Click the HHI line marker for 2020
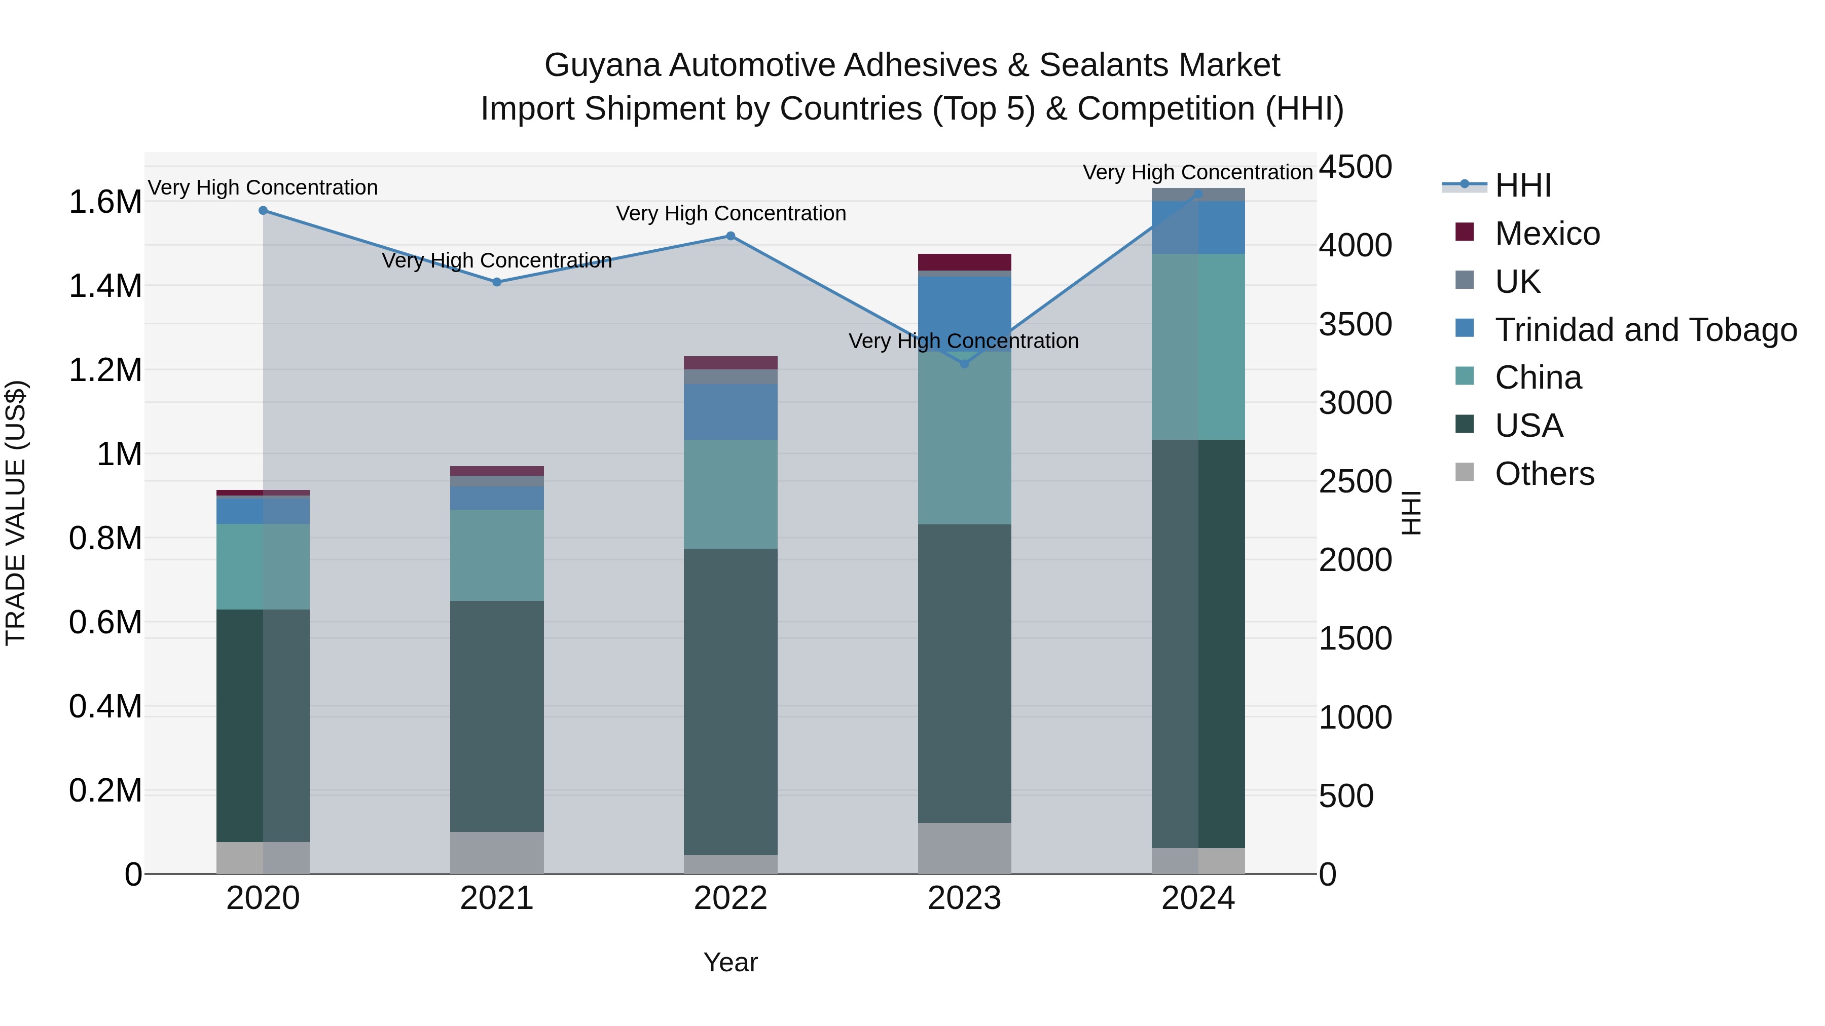[263, 210]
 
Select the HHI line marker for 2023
[964, 363]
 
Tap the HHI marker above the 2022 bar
[731, 236]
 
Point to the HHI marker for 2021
[497, 282]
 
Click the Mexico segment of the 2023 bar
[964, 262]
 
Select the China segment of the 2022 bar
[731, 493]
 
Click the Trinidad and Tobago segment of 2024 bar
[1198, 227]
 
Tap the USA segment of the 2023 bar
[964, 673]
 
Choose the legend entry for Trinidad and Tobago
[1645, 329]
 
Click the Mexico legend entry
[1547, 233]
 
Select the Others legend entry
[1545, 473]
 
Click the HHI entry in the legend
[1523, 185]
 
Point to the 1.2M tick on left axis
[105, 370]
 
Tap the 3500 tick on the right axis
[1355, 324]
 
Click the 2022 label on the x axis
[731, 898]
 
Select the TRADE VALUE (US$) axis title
[16, 513]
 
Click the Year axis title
[731, 962]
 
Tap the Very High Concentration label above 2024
[1197, 172]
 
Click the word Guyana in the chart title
[601, 65]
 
